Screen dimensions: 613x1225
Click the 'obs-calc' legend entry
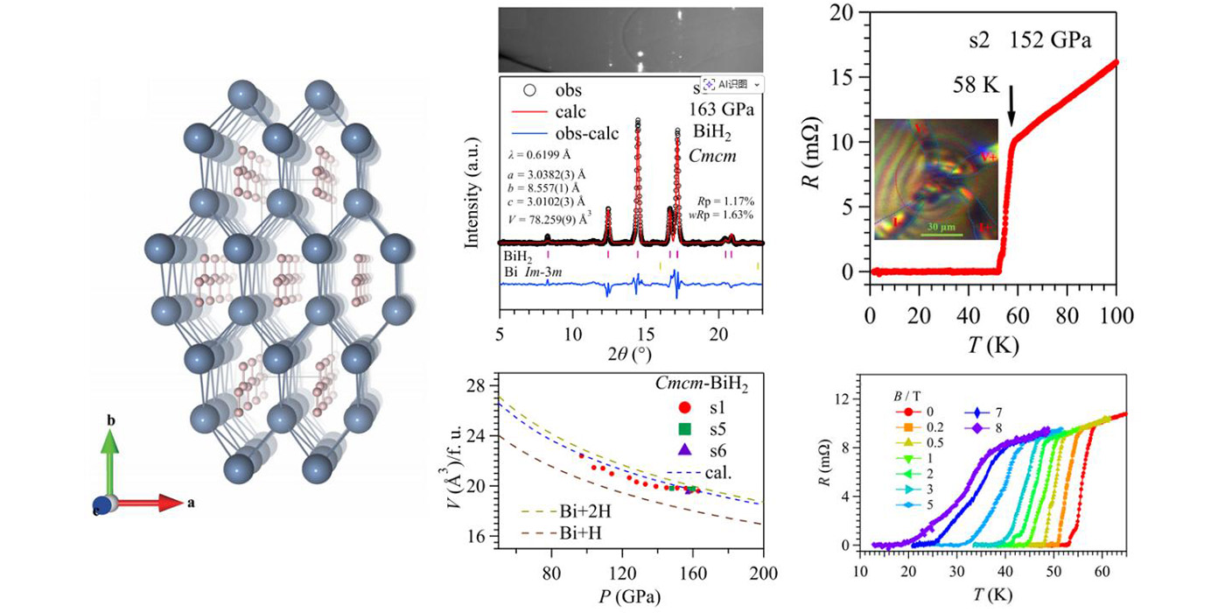point(585,134)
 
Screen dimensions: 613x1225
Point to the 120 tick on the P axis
point(623,574)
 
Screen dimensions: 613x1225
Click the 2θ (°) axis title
point(630,356)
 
